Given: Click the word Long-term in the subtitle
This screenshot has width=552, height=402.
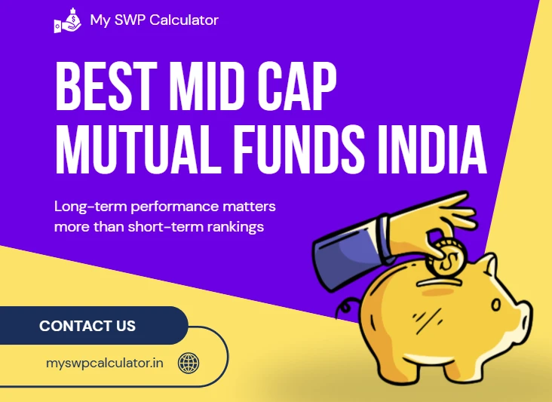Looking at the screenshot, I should (90, 206).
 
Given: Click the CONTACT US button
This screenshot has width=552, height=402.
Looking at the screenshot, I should (87, 327).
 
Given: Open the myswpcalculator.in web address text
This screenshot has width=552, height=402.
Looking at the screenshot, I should (105, 364).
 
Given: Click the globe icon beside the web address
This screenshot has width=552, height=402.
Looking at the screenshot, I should (188, 364).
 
